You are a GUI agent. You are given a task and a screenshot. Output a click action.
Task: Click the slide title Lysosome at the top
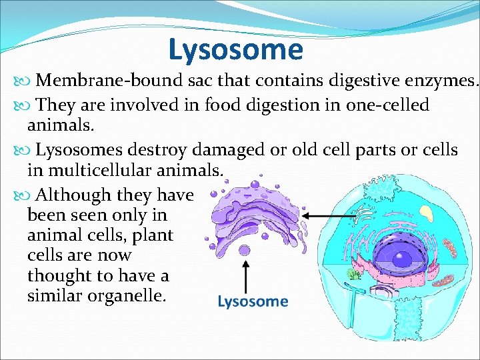click(235, 49)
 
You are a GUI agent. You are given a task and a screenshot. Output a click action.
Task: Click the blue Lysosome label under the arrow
click(253, 302)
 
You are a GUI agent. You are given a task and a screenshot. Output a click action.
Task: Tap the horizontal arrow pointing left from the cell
click(329, 216)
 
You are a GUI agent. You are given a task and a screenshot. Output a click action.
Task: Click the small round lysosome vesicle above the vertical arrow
click(245, 250)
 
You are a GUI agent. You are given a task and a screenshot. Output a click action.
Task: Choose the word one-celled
click(387, 105)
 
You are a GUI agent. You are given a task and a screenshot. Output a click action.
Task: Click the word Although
click(73, 195)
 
